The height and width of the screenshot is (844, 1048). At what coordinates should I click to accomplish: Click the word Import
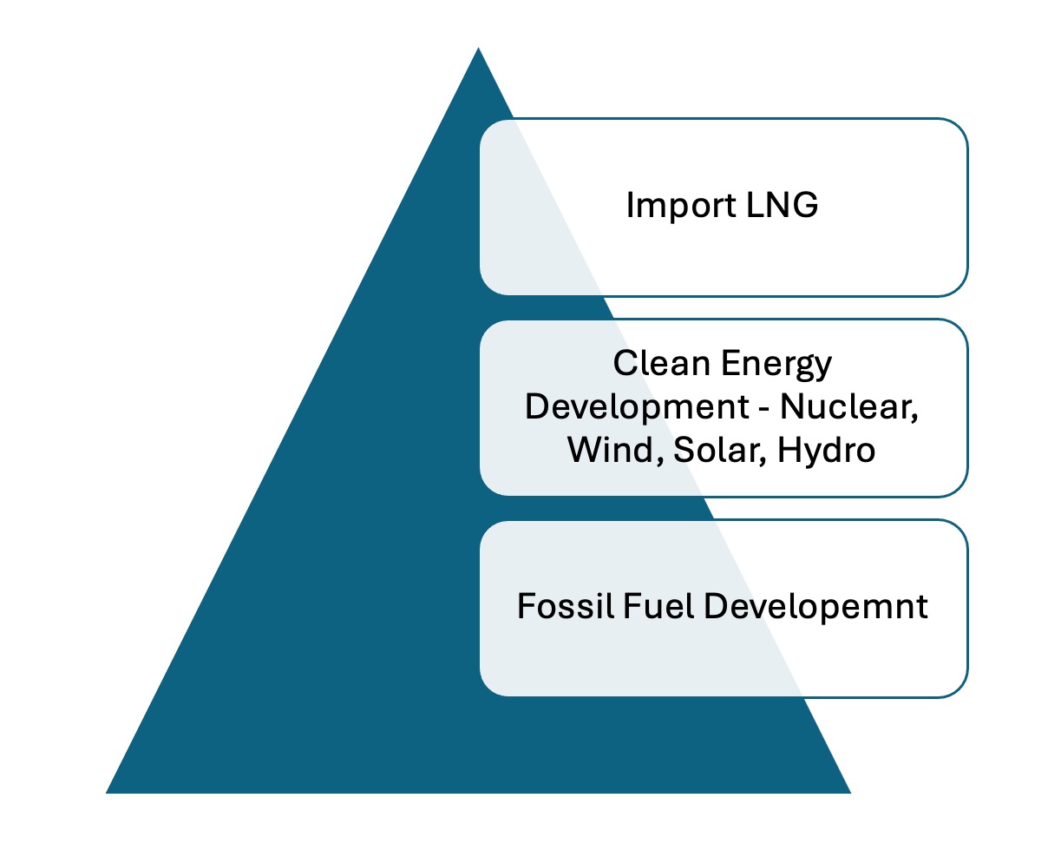pos(681,207)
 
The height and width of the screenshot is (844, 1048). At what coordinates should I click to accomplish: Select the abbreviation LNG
pos(783,205)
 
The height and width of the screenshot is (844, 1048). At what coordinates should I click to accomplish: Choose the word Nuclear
pos(848,407)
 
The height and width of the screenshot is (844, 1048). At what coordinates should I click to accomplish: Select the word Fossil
pos(565,606)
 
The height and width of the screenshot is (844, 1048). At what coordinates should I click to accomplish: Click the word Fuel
pos(658,606)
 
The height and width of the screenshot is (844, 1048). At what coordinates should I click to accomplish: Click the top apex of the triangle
pos(478,47)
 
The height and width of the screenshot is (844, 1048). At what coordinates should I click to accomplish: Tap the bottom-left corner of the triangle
pos(106,794)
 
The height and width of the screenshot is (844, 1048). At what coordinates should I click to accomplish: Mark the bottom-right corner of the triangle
pos(851,794)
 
